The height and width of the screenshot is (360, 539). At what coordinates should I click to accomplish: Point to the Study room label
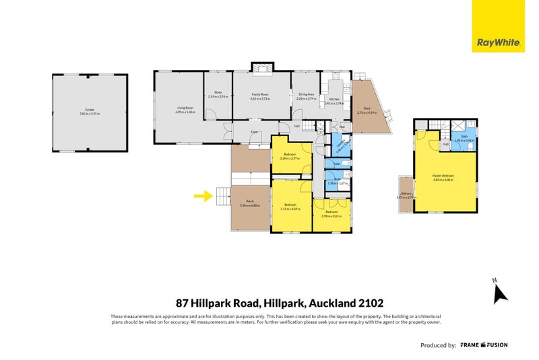click(x=218, y=93)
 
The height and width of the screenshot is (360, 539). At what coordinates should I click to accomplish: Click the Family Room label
click(x=260, y=95)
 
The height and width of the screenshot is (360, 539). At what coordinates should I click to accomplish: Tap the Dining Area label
click(x=307, y=95)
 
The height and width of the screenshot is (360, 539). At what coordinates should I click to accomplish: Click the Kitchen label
click(x=333, y=99)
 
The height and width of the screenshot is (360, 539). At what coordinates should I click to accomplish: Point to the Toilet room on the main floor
click(x=336, y=163)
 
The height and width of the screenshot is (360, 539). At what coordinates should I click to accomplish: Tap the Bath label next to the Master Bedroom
click(x=464, y=137)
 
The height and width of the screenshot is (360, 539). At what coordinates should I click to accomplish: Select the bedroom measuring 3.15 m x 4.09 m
click(x=291, y=206)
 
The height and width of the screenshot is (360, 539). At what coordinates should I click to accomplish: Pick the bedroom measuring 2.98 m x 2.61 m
click(x=331, y=214)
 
